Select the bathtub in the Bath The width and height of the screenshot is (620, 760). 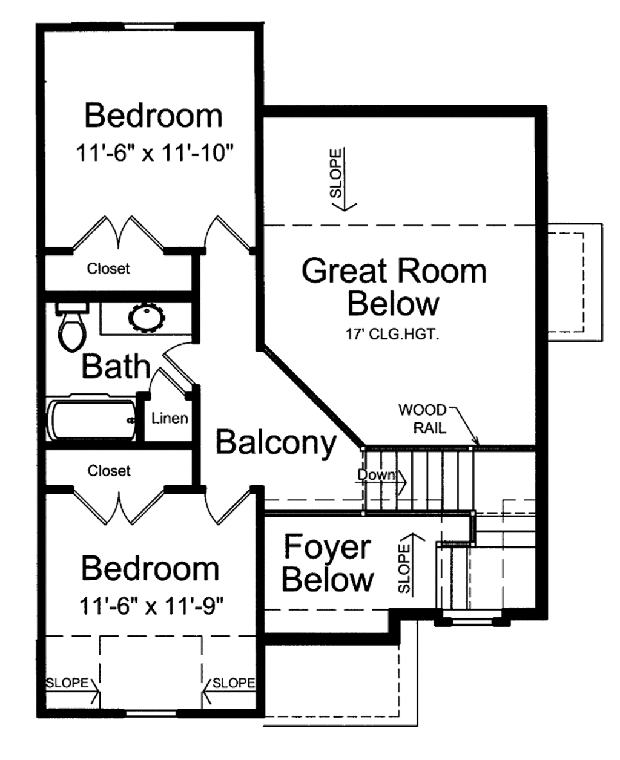[x=91, y=419]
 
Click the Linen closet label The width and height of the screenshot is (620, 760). [x=170, y=418]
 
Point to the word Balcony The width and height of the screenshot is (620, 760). [x=275, y=442]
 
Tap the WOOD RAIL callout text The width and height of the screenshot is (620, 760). [x=422, y=419]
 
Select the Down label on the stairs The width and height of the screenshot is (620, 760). [x=376, y=475]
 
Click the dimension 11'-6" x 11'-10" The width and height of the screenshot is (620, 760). [x=155, y=153]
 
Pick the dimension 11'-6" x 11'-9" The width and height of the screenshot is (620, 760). [x=151, y=604]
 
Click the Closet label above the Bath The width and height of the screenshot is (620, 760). [x=108, y=268]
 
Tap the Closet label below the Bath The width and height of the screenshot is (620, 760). [x=109, y=470]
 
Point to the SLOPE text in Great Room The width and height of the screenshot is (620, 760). [x=336, y=174]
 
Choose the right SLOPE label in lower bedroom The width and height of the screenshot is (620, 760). [x=233, y=683]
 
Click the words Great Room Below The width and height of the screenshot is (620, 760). [x=394, y=287]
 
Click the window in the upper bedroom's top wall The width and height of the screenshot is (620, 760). [x=151, y=27]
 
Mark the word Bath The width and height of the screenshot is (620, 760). [x=115, y=367]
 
